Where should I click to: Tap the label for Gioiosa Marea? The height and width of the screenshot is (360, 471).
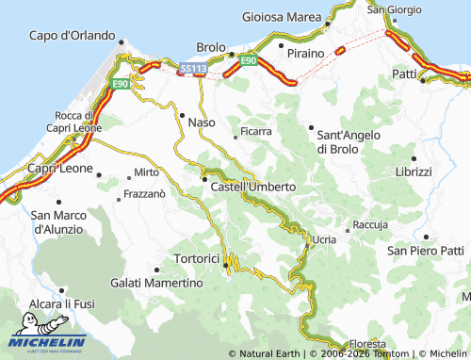coord(282,16)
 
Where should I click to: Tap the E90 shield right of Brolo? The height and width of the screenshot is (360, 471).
coord(248,60)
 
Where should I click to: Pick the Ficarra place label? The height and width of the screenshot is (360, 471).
coord(256,131)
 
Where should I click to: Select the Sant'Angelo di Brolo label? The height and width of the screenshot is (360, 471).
coord(349,141)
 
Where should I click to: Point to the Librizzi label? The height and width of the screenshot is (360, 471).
coord(413,172)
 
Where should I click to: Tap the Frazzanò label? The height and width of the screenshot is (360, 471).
coord(145,194)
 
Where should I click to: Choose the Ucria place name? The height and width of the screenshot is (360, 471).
coord(323,240)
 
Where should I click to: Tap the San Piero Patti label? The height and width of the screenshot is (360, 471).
coord(426,250)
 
